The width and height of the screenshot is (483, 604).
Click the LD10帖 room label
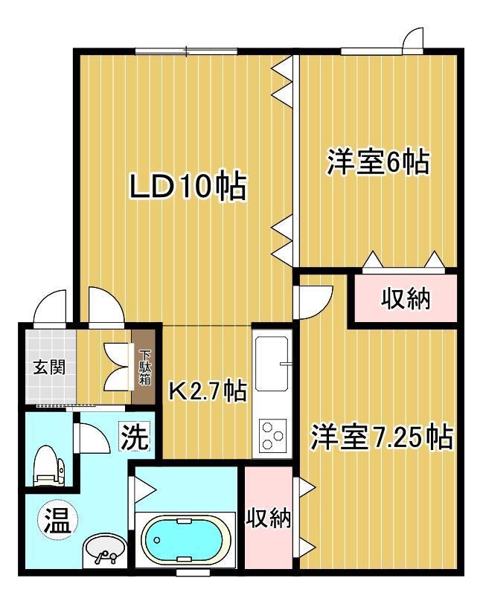187,187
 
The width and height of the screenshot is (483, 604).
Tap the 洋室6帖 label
377,161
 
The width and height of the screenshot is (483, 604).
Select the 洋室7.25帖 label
381,437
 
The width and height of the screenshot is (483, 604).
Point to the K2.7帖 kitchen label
206,390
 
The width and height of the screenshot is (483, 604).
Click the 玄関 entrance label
48,367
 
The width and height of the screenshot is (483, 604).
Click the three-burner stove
272,434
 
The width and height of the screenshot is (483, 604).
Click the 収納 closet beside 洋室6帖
406,299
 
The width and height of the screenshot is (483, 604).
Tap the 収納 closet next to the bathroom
268,518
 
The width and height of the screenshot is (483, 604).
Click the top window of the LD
186,51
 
